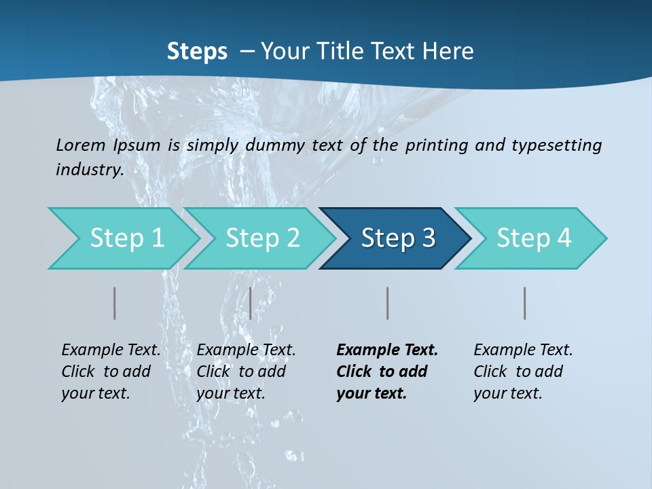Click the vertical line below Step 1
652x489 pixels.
click(115, 303)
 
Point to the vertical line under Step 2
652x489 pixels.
click(251, 303)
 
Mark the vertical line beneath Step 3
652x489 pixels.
click(387, 303)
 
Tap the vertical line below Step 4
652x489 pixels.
click(524, 303)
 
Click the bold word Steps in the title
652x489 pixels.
click(197, 52)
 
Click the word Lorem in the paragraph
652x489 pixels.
click(80, 145)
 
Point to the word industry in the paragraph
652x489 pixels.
click(89, 169)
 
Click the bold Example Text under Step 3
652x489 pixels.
click(387, 350)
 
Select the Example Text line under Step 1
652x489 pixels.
click(111, 350)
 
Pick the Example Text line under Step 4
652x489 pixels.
click(523, 350)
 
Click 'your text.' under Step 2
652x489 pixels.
click(231, 393)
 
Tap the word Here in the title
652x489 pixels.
click(448, 52)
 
